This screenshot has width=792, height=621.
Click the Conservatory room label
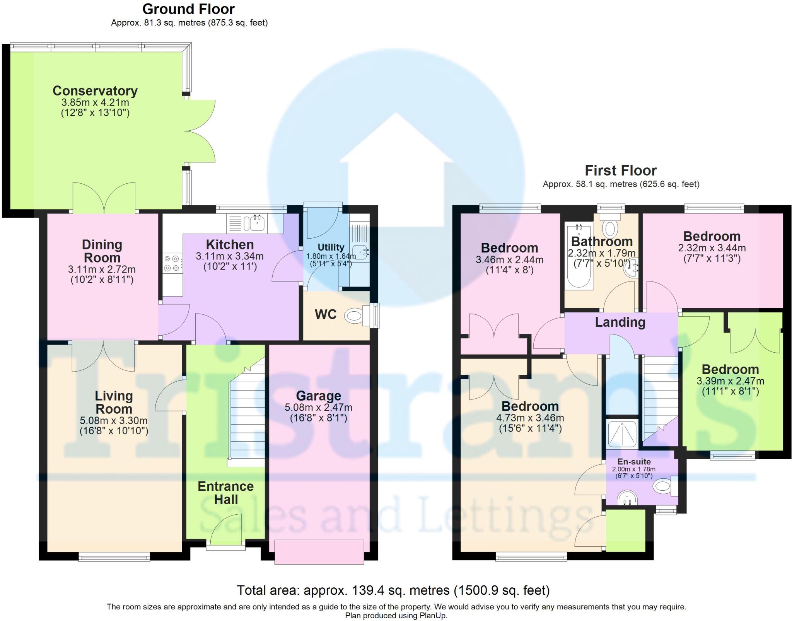click(x=95, y=91)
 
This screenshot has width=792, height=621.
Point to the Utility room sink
click(x=361, y=253)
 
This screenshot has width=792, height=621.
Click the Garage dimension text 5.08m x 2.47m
click(x=318, y=407)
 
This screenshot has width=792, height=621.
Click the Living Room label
click(x=114, y=402)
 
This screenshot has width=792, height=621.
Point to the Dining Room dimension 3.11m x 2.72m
click(x=102, y=269)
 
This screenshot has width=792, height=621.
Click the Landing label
click(x=620, y=322)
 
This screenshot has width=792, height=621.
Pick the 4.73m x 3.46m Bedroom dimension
click(x=530, y=418)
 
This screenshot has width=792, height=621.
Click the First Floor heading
click(x=620, y=171)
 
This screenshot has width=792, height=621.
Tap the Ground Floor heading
click(x=188, y=9)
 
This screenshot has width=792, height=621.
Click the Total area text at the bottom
click(x=393, y=590)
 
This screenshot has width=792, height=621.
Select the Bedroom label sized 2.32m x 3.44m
click(x=712, y=236)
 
